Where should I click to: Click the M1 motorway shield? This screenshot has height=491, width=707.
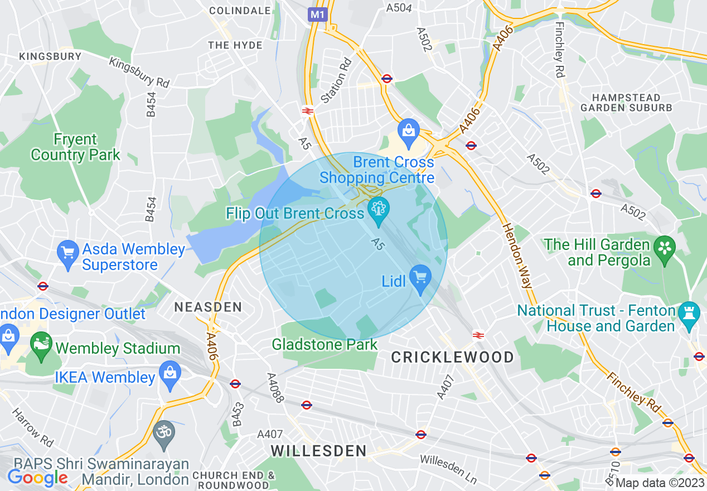pyautogui.click(x=317, y=15)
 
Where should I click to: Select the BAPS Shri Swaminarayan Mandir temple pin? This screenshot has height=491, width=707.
pyautogui.click(x=164, y=433)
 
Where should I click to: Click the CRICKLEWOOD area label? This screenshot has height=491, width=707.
pyautogui.click(x=452, y=358)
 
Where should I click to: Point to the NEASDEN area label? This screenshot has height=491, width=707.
pyautogui.click(x=208, y=307)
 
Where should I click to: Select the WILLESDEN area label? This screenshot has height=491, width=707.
pyautogui.click(x=319, y=451)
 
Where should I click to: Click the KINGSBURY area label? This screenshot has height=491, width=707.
pyautogui.click(x=50, y=56)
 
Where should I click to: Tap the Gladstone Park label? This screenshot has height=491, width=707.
pyautogui.click(x=325, y=345)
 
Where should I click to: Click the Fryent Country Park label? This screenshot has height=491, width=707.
pyautogui.click(x=75, y=147)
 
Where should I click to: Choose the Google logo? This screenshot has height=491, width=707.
pyautogui.click(x=37, y=477)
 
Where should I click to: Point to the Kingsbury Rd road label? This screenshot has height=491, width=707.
pyautogui.click(x=139, y=73)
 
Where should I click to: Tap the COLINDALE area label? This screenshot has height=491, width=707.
pyautogui.click(x=240, y=11)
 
